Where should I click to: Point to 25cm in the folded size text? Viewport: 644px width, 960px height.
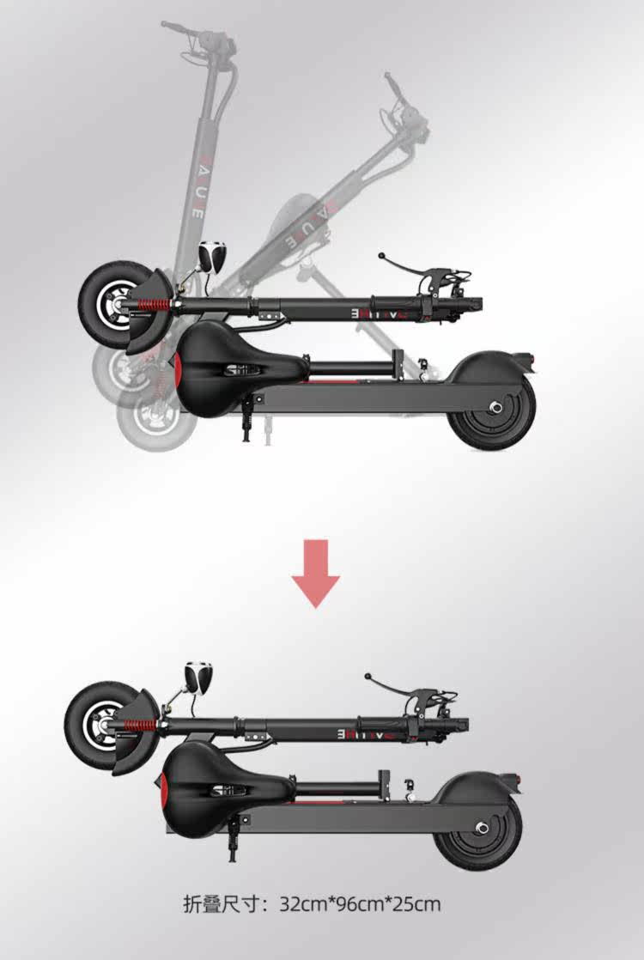pyautogui.click(x=416, y=904)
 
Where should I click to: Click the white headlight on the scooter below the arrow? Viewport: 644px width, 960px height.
pyautogui.click(x=199, y=677)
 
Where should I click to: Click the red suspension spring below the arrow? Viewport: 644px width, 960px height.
pyautogui.click(x=139, y=726)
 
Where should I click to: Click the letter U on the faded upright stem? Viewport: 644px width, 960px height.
pyautogui.click(x=198, y=186)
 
